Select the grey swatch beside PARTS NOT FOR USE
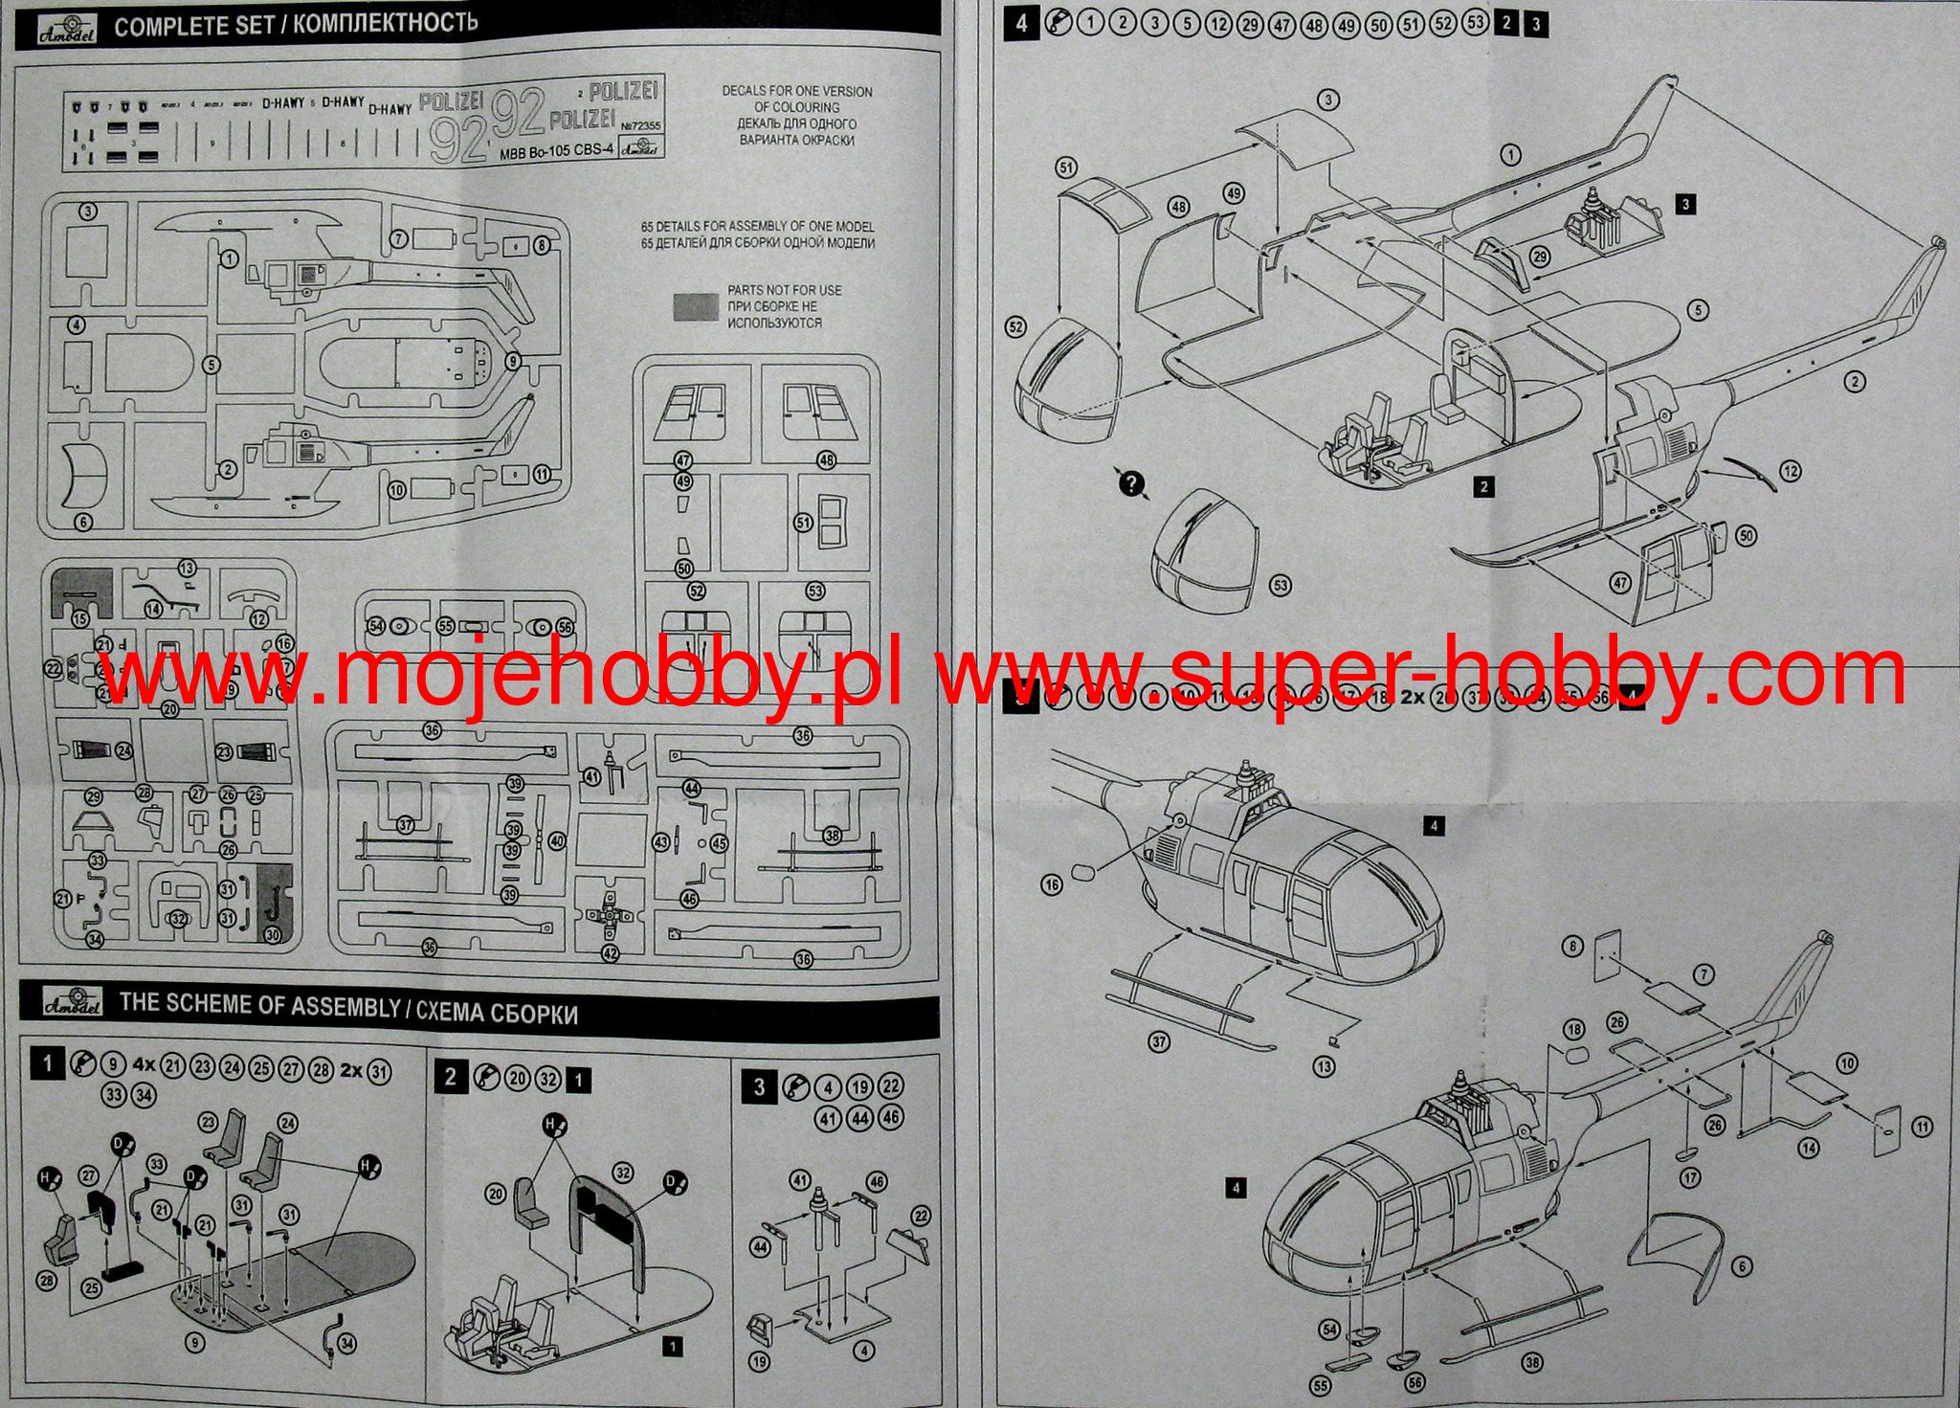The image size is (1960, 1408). (695, 305)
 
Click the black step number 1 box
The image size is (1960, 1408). (47, 1063)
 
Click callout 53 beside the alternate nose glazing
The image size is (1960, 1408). (1280, 586)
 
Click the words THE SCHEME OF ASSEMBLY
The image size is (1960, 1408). (259, 1005)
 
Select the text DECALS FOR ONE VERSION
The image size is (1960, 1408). (797, 92)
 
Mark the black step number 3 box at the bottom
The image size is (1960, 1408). (760, 1087)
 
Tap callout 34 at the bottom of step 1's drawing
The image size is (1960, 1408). (346, 1344)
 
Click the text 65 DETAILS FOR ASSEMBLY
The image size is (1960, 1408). (756, 227)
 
